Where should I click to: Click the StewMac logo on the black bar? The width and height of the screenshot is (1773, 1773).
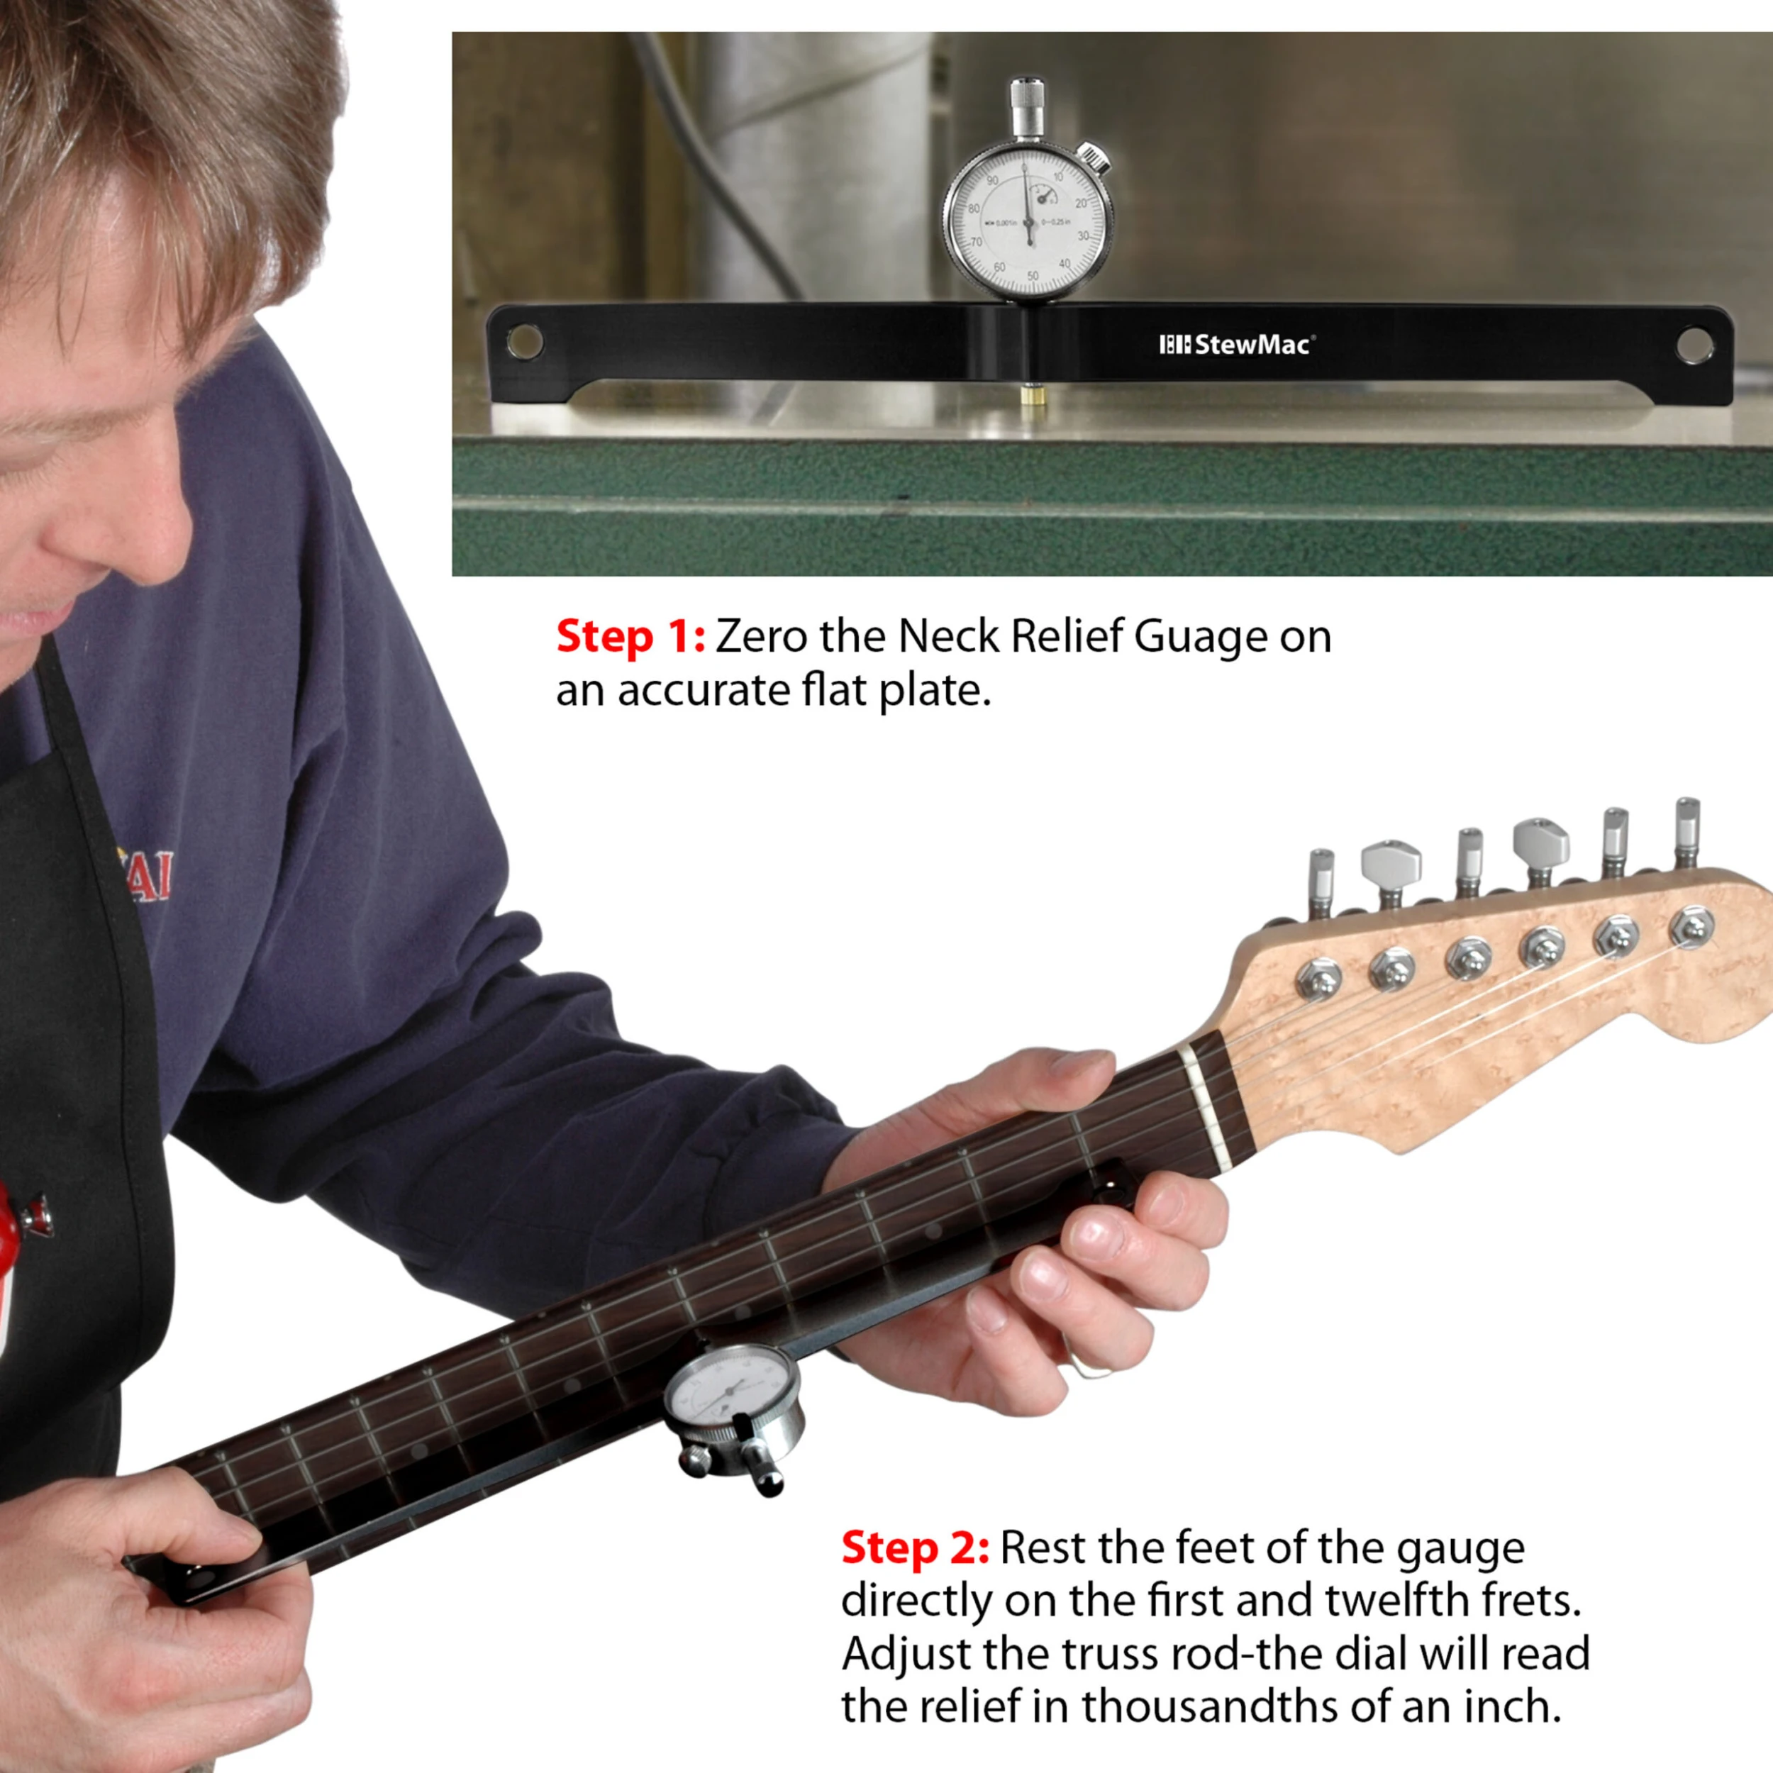[1236, 345]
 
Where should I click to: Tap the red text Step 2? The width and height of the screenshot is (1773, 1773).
[915, 1548]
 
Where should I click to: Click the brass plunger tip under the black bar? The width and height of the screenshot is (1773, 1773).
[1028, 397]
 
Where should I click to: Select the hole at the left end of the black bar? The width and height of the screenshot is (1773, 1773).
[525, 343]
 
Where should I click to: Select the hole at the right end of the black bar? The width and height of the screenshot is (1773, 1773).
[1693, 345]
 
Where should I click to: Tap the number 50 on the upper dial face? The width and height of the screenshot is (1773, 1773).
[1033, 275]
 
